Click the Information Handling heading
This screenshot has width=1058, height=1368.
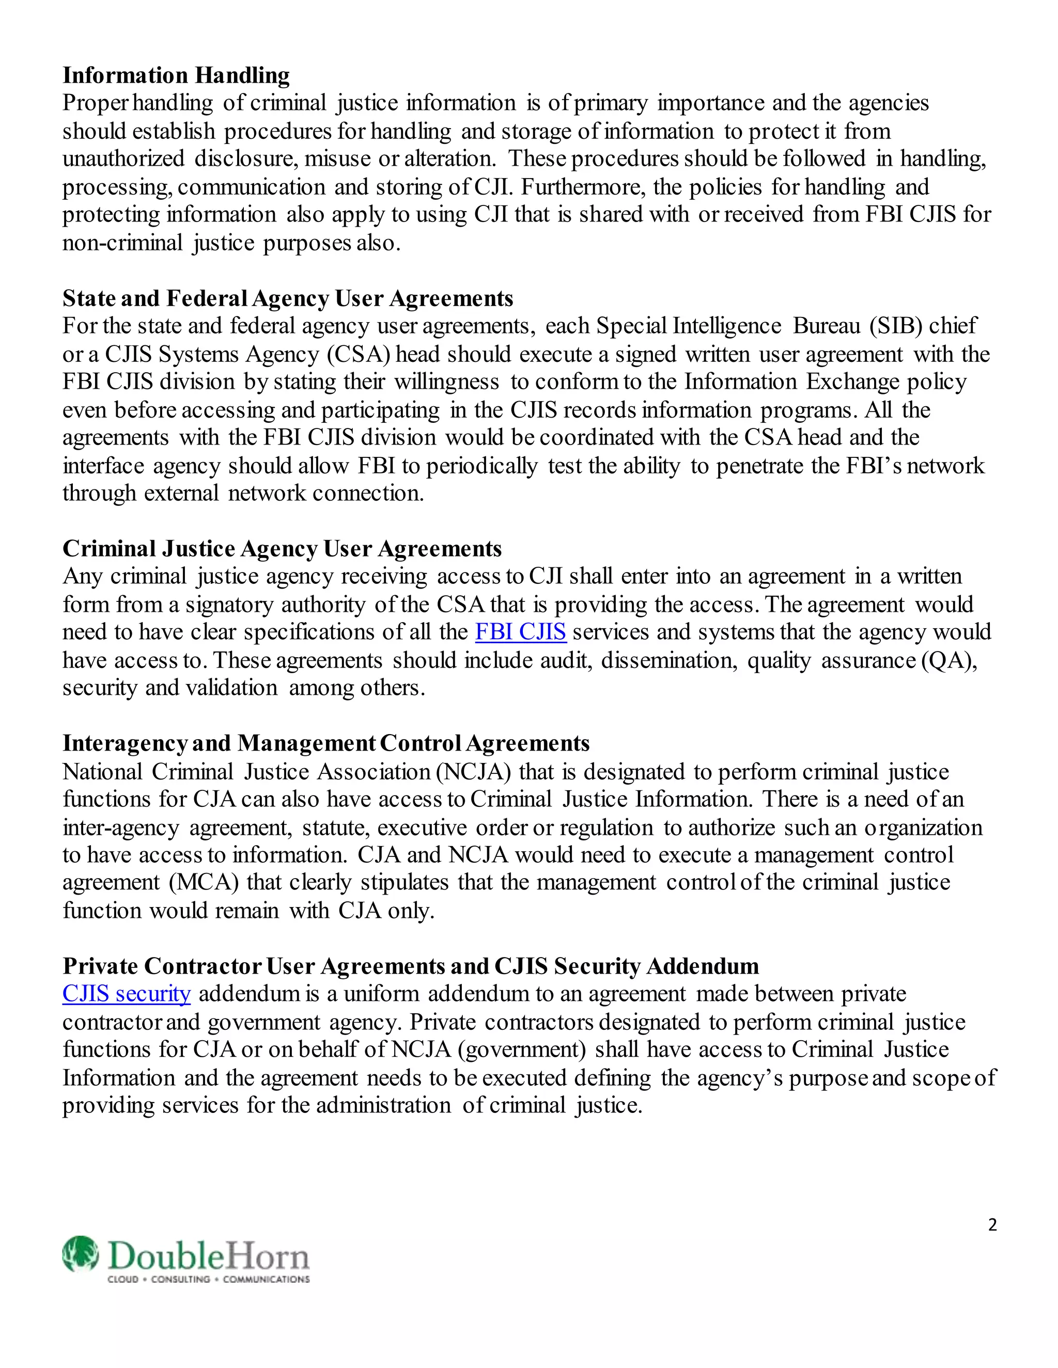click(x=176, y=75)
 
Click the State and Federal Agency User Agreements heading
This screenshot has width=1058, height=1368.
click(x=288, y=298)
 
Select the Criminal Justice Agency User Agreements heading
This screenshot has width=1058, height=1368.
click(x=282, y=549)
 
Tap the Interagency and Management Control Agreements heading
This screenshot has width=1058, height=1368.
click(x=326, y=743)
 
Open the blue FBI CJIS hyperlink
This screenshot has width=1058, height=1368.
click(x=520, y=631)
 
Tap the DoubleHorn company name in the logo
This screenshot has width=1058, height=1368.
click(x=209, y=1256)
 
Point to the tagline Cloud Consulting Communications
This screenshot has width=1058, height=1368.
click(x=209, y=1279)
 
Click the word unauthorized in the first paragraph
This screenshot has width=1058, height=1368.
click(x=123, y=158)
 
